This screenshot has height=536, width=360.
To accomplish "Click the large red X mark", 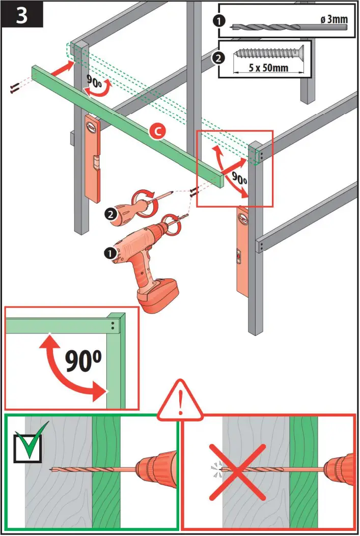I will [237, 471].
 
